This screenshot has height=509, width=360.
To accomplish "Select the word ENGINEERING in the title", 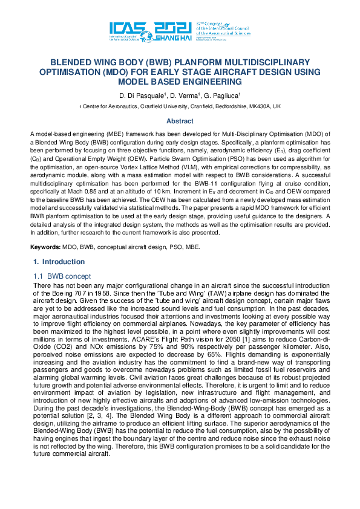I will click(x=213, y=82).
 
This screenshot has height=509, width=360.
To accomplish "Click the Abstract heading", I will click(x=180, y=121).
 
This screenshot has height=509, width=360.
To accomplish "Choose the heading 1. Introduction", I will click(x=59, y=262).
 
